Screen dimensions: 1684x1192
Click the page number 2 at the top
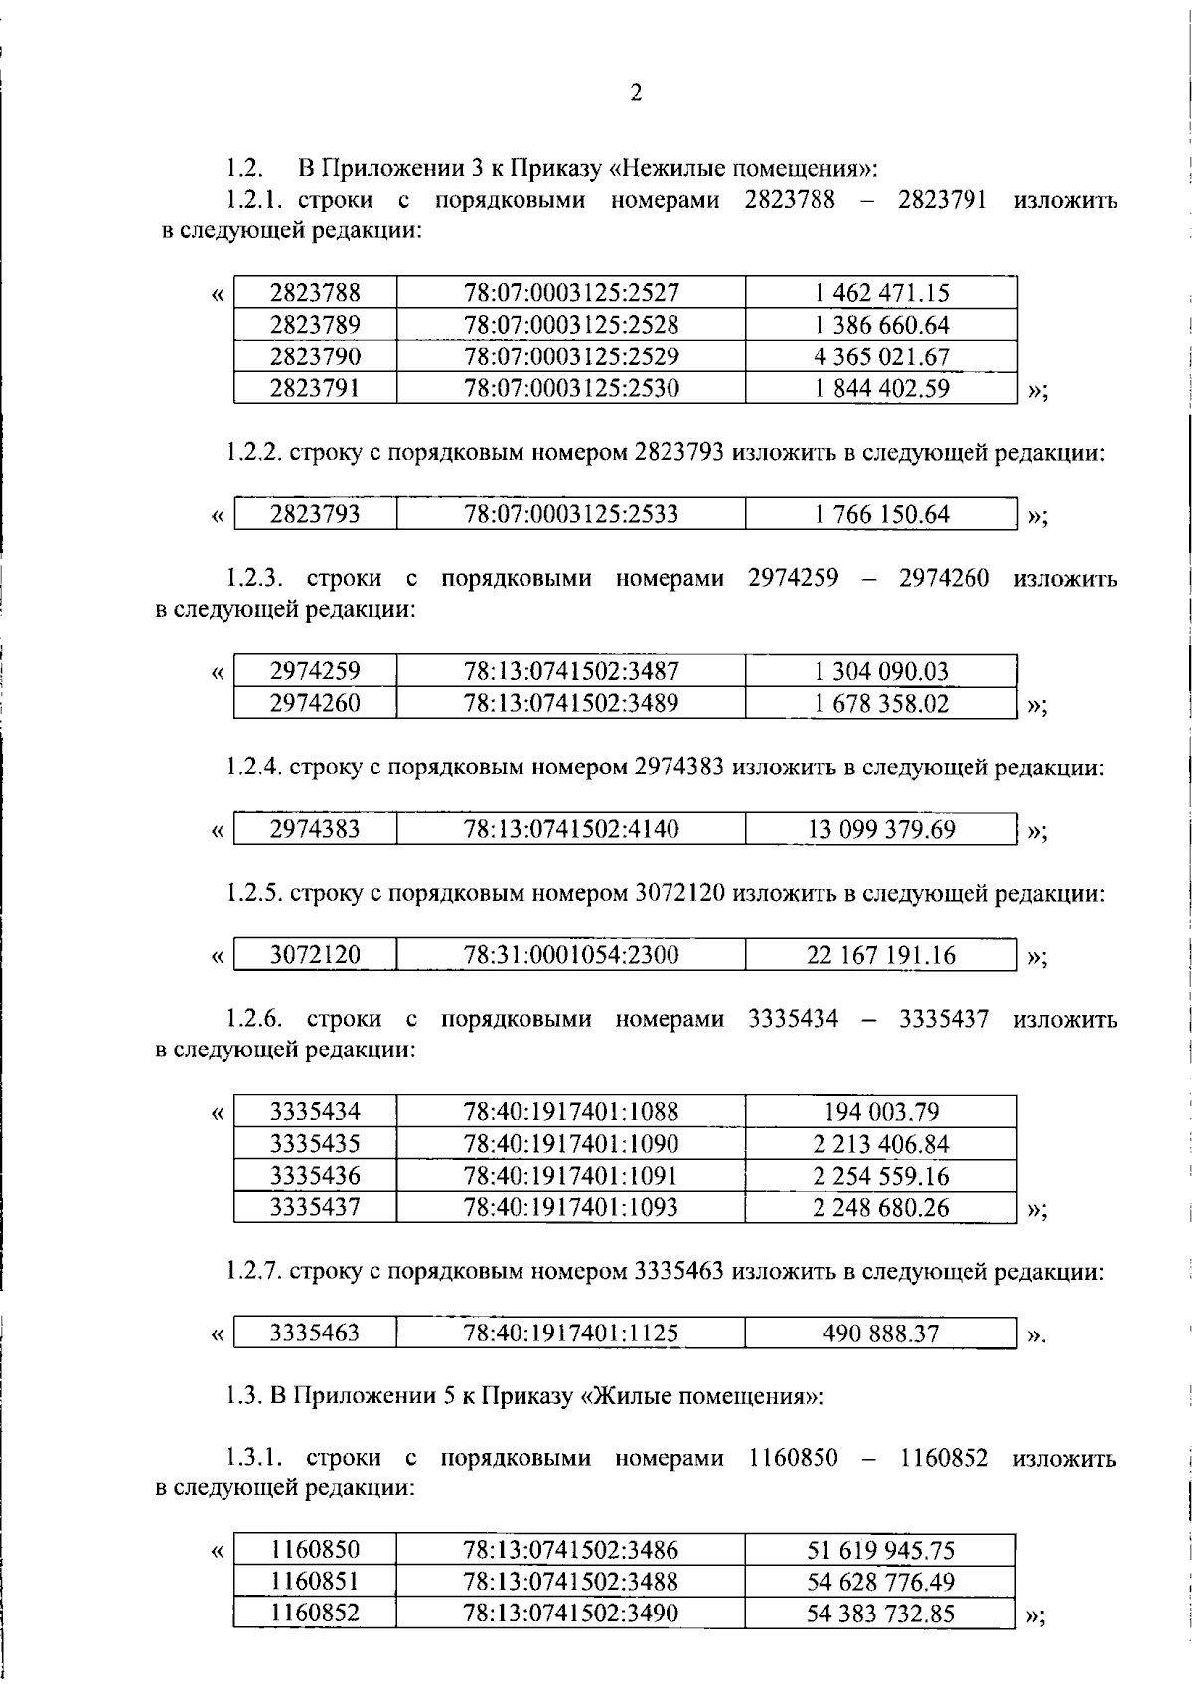636,93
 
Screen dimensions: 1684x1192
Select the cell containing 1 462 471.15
881,293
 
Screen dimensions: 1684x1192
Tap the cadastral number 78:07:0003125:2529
571,356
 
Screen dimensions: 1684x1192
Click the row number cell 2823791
315,388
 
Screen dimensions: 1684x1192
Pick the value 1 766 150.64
881,514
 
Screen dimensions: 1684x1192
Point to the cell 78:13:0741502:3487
571,671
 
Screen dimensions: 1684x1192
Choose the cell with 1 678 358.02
881,704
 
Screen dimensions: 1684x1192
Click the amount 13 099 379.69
881,829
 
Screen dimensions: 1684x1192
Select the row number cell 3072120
315,955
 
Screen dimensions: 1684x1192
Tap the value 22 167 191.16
881,955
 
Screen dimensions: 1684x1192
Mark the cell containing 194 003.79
881,1112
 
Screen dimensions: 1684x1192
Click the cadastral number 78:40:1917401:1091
571,1176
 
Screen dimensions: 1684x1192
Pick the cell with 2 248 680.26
881,1207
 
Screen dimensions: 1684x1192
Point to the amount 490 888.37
881,1333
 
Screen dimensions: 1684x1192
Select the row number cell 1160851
315,1582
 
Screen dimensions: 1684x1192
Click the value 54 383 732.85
880,1614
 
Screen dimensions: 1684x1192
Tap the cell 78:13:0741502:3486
571,1550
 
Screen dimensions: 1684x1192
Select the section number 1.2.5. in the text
254,893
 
